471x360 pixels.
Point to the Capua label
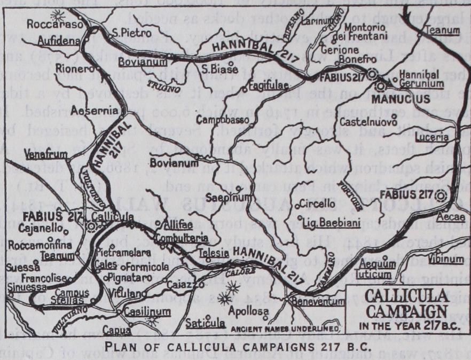(x=119, y=328)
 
